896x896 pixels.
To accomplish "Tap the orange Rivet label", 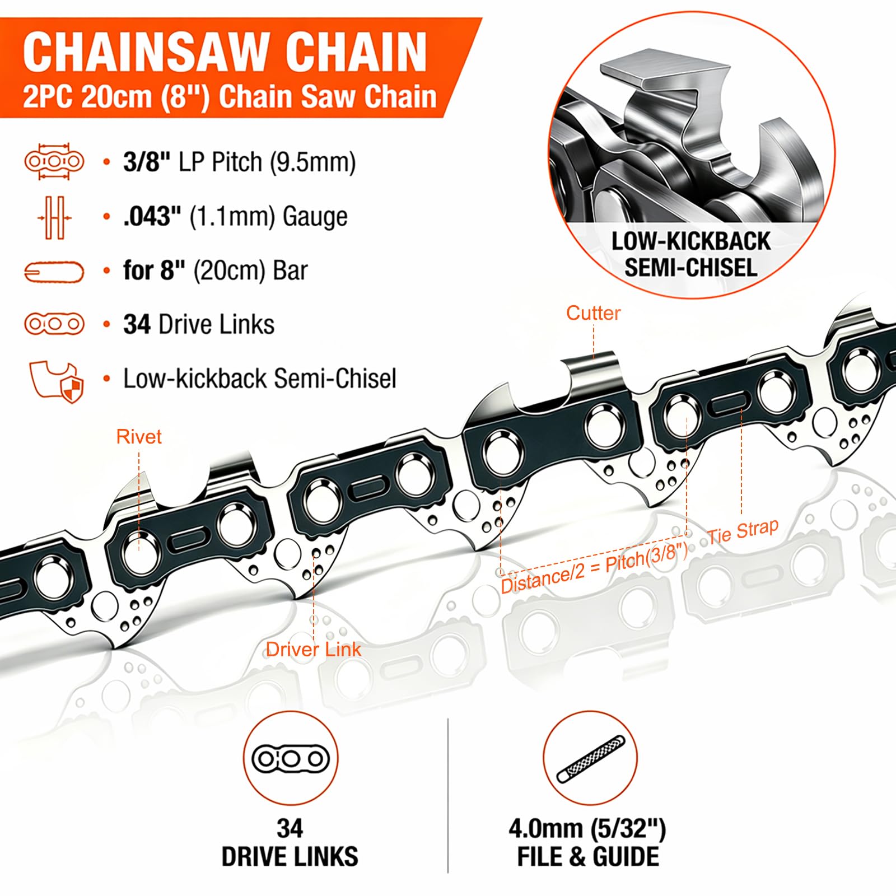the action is tap(139, 437).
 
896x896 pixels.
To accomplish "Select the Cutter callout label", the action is tap(593, 313).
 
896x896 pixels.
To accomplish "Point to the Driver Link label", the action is tap(314, 650).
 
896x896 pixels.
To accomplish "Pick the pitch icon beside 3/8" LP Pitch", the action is tap(54, 161).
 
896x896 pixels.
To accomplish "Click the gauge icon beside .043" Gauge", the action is tap(54, 217).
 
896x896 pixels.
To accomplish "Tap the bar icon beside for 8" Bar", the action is tap(54, 272).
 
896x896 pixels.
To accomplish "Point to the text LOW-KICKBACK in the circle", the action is tap(691, 241).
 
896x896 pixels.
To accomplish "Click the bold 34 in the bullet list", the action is tap(137, 325).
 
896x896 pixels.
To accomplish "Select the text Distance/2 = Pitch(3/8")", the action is tap(594, 568).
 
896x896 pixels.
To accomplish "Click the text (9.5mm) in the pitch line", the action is tap(312, 162).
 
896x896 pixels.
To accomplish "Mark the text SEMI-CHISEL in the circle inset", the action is tap(690, 268).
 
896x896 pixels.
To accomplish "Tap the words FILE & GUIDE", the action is tap(588, 857).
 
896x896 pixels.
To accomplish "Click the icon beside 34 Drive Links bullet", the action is tap(54, 324).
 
